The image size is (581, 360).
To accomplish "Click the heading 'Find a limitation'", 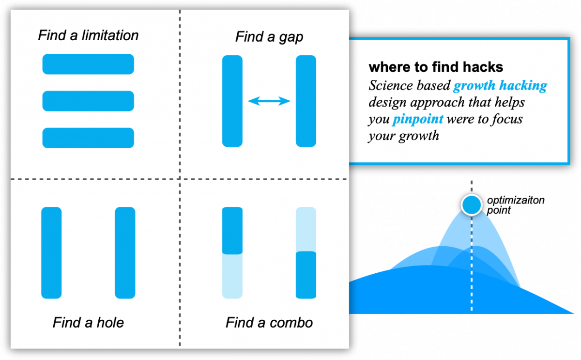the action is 88,35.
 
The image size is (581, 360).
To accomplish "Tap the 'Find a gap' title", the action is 269,37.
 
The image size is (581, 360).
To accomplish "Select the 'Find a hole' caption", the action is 88,323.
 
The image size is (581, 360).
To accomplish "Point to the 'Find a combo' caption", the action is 269,323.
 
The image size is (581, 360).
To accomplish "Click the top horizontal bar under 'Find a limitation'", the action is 88,64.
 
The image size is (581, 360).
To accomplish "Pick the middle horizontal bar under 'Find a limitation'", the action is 88,101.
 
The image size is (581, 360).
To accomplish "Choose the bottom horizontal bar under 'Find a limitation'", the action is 88,138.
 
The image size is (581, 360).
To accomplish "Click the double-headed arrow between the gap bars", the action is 269,101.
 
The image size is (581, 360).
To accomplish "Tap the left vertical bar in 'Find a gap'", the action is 232,101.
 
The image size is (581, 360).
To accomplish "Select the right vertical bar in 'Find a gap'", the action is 306,101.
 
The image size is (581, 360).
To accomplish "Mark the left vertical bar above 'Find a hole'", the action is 51,253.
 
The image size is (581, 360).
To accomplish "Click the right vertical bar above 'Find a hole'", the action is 125,253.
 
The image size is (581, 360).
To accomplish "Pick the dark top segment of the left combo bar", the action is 232,231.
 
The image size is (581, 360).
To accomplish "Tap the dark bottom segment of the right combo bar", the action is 306,275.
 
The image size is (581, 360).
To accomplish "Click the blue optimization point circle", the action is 472,205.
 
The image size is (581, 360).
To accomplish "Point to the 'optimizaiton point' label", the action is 515,205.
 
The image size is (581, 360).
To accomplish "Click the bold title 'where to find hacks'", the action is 436,67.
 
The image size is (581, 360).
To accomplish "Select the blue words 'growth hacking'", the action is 500,86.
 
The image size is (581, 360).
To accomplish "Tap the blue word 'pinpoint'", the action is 418,119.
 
